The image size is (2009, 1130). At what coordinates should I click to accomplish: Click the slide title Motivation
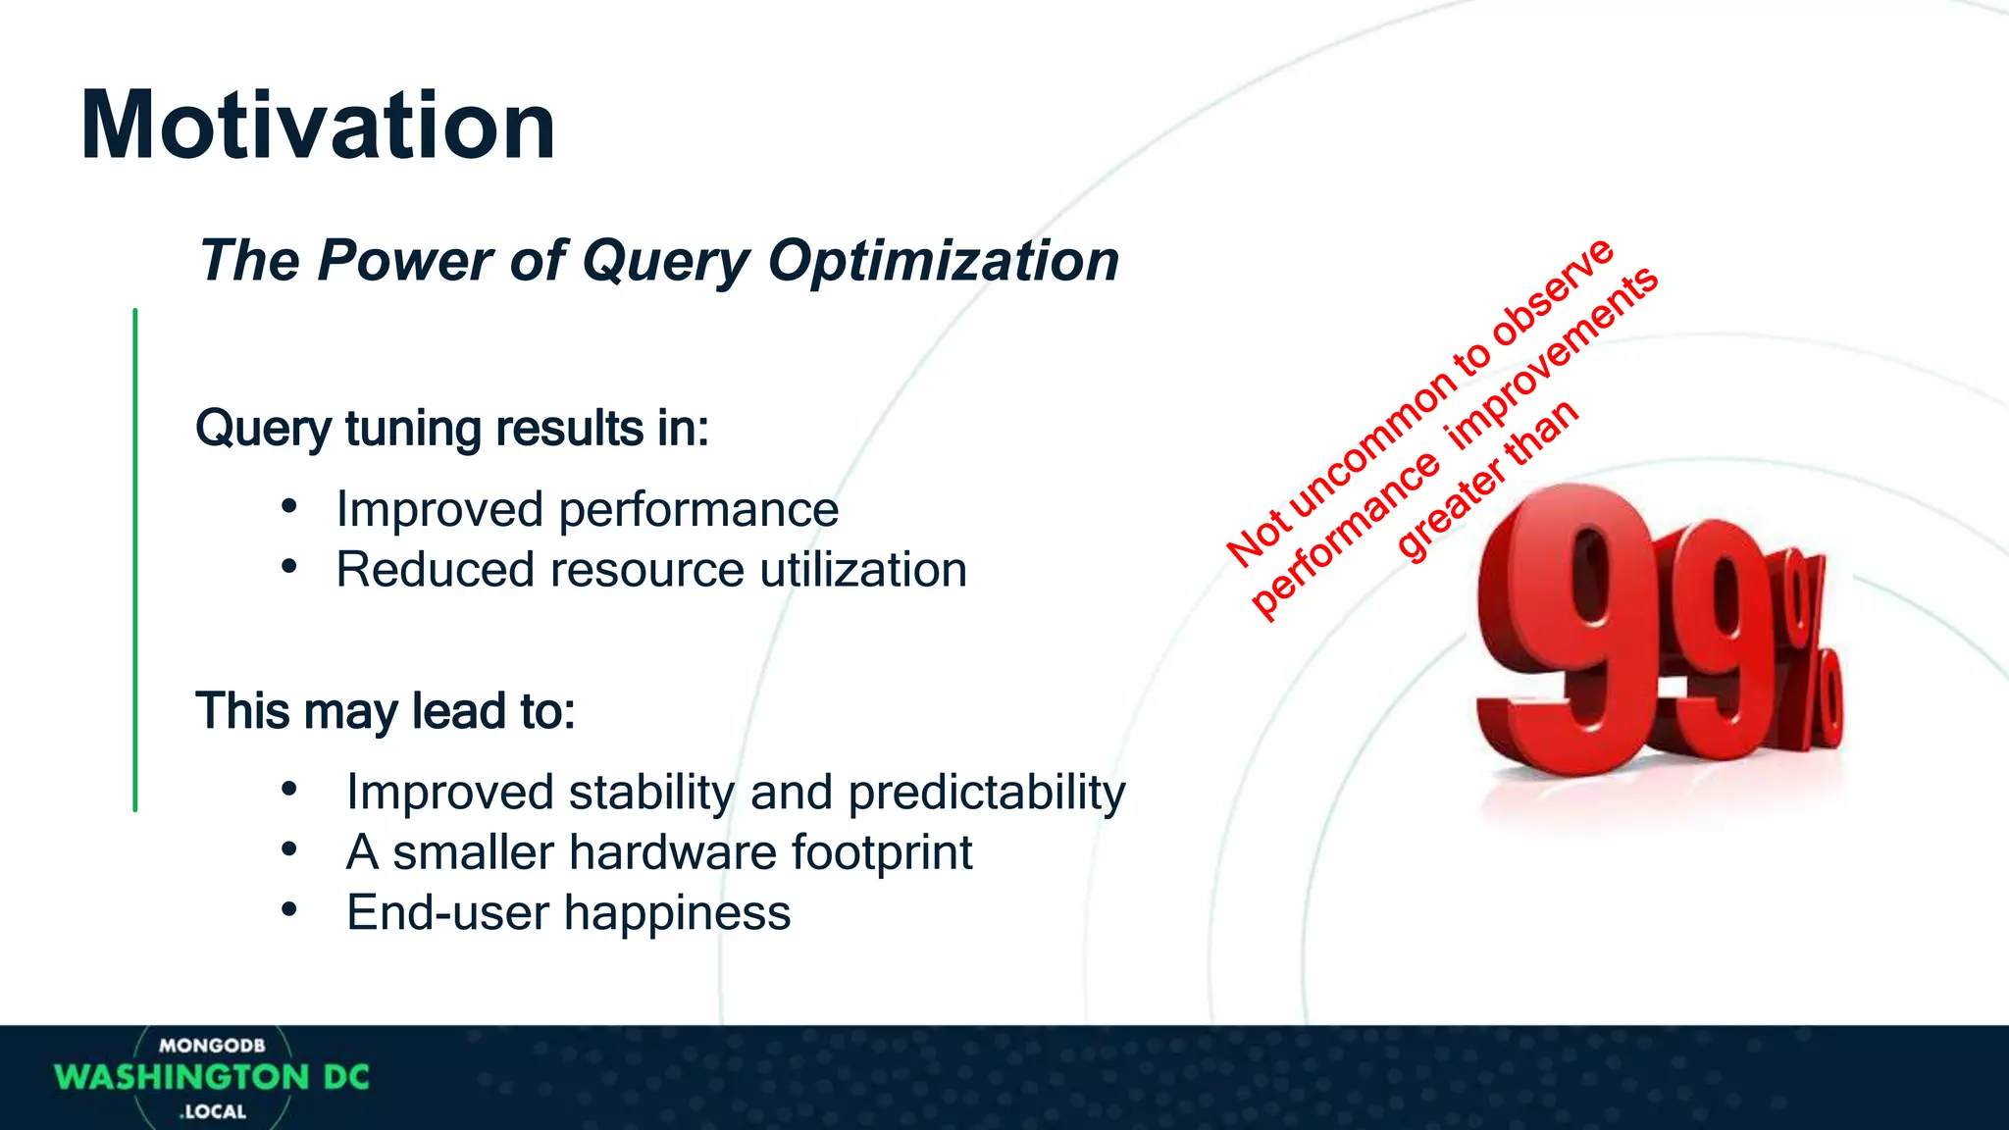click(x=318, y=126)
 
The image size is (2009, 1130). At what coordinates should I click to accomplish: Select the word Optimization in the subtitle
click(x=943, y=261)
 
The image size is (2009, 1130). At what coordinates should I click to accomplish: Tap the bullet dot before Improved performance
click(x=288, y=506)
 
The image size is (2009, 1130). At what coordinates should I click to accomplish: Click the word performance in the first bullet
click(x=698, y=510)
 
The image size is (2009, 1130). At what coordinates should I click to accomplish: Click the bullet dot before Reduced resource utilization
click(x=288, y=566)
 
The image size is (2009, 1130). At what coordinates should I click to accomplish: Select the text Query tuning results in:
click(x=451, y=429)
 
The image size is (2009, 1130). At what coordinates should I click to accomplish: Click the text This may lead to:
click(x=385, y=710)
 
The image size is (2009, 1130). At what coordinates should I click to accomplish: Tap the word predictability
click(x=987, y=792)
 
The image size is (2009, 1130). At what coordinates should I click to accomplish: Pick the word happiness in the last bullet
click(x=677, y=913)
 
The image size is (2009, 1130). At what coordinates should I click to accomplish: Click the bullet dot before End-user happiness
click(x=288, y=909)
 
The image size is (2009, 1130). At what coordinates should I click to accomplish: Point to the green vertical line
click(x=135, y=559)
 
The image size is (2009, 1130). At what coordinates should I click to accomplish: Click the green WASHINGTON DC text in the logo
click(x=212, y=1077)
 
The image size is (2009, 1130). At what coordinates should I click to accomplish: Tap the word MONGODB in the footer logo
click(x=212, y=1046)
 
